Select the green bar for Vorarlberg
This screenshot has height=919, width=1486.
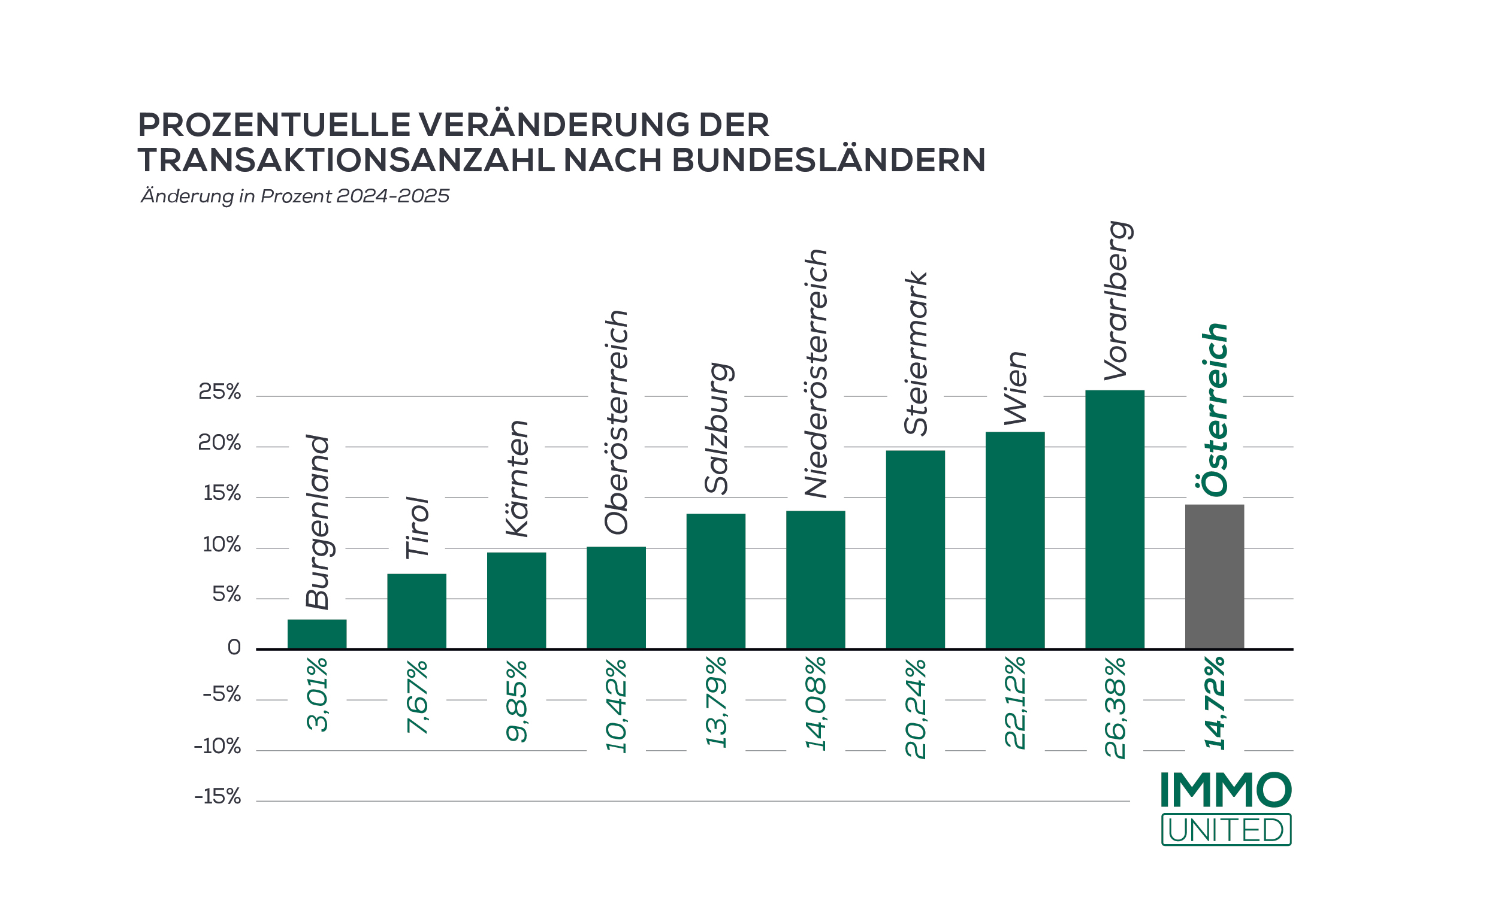[1114, 520]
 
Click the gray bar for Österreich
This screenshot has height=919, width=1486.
[1213, 577]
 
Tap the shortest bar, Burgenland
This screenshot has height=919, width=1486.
[317, 634]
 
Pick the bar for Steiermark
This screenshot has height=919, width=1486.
[915, 550]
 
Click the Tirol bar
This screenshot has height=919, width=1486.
[416, 611]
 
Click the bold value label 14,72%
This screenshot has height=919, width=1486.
[1215, 703]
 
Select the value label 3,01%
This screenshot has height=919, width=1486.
[318, 694]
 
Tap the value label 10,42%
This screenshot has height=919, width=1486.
[616, 705]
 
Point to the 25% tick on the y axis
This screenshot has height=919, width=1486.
[219, 392]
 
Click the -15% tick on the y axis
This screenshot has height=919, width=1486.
[217, 797]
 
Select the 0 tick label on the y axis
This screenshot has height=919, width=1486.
[234, 648]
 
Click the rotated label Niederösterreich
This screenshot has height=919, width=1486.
[816, 373]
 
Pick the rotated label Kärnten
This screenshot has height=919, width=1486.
[517, 478]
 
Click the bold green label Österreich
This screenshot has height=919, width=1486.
[1215, 410]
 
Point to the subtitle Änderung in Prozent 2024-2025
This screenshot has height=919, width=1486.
[295, 196]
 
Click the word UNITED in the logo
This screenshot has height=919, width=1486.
[1226, 830]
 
